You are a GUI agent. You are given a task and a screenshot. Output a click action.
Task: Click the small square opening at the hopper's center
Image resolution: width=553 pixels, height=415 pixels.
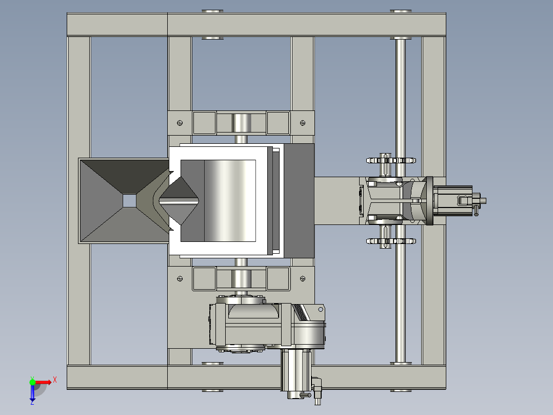point(129,201)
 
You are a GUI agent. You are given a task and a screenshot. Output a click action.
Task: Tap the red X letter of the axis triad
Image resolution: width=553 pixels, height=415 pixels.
point(55,380)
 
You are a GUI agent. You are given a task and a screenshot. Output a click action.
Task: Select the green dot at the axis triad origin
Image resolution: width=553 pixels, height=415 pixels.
point(32,382)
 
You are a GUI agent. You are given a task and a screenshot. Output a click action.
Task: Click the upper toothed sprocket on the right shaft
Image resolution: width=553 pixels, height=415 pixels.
point(391,160)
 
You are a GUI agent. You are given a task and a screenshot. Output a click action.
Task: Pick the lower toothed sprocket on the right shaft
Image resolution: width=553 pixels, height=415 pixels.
point(391,241)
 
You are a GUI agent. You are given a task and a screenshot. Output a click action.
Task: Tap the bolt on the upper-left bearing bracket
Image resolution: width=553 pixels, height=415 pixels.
point(180,123)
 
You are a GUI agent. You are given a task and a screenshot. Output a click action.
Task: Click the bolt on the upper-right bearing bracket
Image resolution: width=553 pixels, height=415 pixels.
point(303,123)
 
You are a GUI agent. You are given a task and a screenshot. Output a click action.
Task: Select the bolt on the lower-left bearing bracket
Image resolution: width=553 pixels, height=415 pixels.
point(180,279)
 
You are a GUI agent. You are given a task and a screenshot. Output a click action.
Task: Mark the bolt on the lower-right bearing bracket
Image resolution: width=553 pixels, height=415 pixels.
point(303,279)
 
